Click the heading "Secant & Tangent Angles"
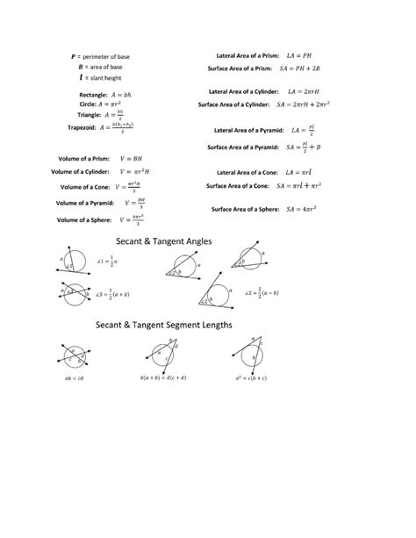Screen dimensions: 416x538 coord(169,240)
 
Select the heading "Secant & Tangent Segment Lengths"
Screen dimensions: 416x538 coord(164,325)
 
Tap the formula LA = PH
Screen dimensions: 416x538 coord(300,54)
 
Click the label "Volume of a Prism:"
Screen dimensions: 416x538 coord(87,158)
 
